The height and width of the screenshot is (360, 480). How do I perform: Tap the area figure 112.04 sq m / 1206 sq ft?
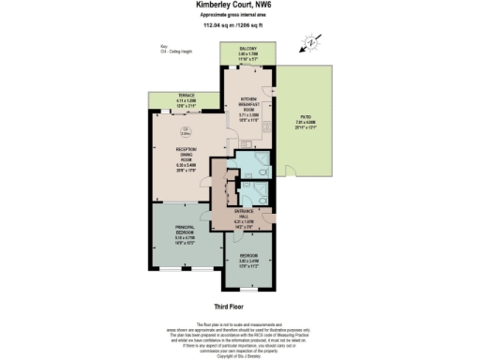[239, 26]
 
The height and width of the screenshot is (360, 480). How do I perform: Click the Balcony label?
[246, 55]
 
